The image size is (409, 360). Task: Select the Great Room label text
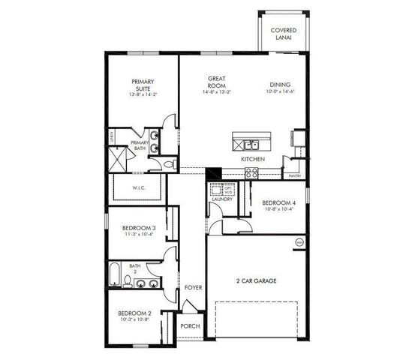217,82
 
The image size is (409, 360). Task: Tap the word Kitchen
251,160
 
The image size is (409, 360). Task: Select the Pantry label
294,176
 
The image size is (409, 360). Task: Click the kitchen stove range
251,172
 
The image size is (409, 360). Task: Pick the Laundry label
221,199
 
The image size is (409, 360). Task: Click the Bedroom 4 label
278,203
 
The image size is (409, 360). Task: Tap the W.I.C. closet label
139,188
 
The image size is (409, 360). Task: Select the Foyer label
192,288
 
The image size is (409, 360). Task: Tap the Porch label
190,325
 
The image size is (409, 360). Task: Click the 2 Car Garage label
257,281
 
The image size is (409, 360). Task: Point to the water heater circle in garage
299,242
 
